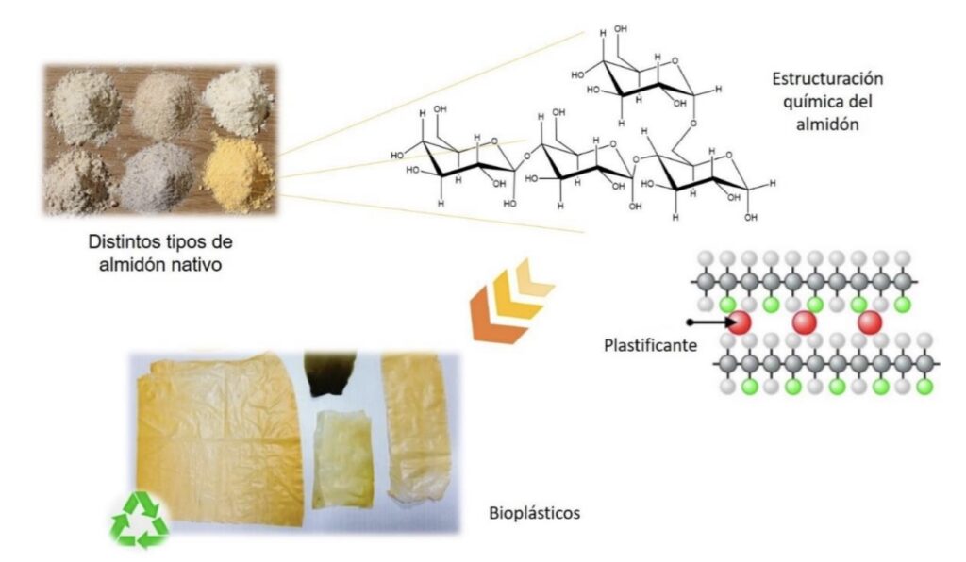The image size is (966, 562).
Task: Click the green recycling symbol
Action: point(140,520)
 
